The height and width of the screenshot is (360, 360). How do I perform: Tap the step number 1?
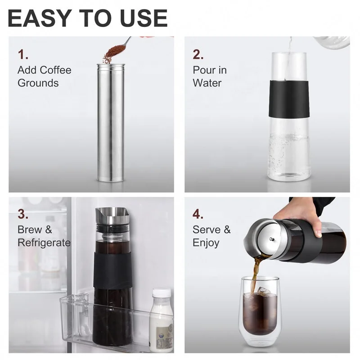23,55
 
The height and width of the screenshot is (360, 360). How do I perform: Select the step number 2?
198,55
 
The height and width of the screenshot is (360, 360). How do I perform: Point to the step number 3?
23,214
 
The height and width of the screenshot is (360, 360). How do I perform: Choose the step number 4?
198,214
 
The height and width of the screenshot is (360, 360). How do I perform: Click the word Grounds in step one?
38,83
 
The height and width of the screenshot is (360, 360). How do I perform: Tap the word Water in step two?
207,83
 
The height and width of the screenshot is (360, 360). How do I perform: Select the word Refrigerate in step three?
44,243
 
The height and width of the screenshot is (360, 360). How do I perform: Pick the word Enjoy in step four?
206,243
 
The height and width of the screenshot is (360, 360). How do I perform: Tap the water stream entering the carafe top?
289,45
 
